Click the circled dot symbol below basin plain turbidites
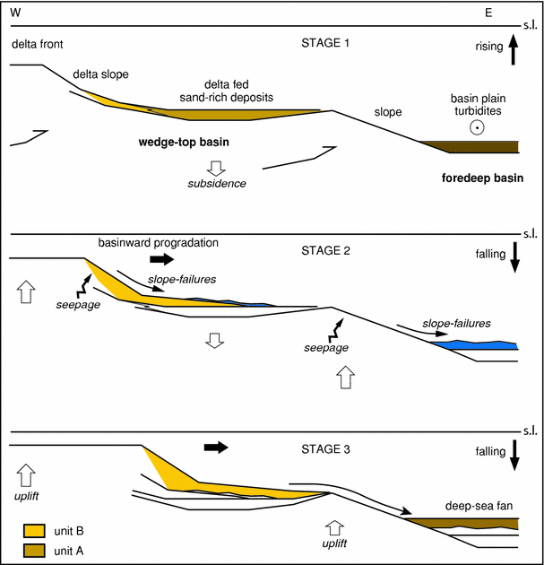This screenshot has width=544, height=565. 479,128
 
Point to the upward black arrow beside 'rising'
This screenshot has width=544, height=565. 514,48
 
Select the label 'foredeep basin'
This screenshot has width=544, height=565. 482,178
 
